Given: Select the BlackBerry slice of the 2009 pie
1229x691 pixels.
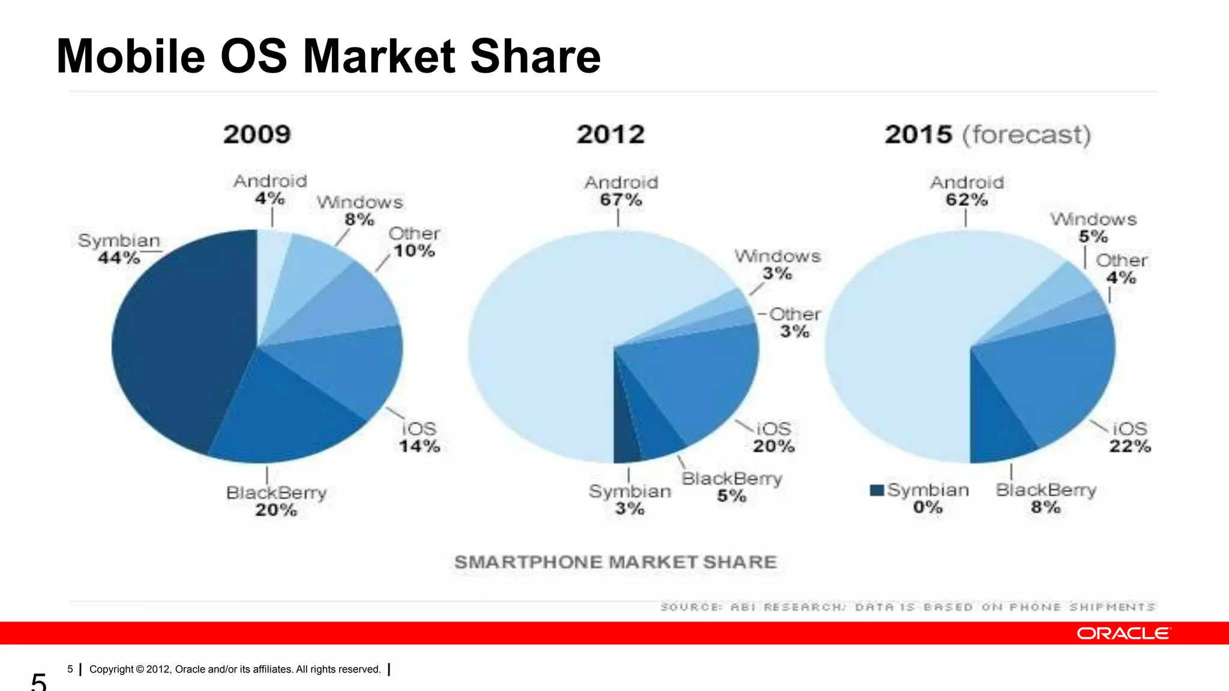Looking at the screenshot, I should coord(282,414).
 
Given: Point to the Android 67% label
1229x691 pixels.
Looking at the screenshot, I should coord(621,191).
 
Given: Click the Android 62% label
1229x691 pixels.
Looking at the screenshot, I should coord(967,191).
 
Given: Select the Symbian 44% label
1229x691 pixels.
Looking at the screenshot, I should coord(119,249).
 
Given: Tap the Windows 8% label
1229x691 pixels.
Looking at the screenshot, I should coord(359,211).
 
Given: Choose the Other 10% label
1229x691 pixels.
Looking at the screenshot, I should coord(414,242).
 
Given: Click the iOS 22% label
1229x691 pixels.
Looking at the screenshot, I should coord(1129,437).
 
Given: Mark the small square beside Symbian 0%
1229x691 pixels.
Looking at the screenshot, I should coord(876,490).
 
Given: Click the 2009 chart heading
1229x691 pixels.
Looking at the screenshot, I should coord(257,134).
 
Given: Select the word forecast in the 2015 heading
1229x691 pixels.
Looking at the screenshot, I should coord(1026,134).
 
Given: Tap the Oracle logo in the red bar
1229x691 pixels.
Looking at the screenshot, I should coord(1123,633).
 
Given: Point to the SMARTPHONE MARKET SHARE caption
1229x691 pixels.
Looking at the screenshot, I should coord(616,562).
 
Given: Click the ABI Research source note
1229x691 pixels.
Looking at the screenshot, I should coord(907,607).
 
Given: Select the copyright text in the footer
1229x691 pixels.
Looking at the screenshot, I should coord(235,669).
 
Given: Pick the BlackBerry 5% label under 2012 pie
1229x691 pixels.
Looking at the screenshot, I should coord(732,487).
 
